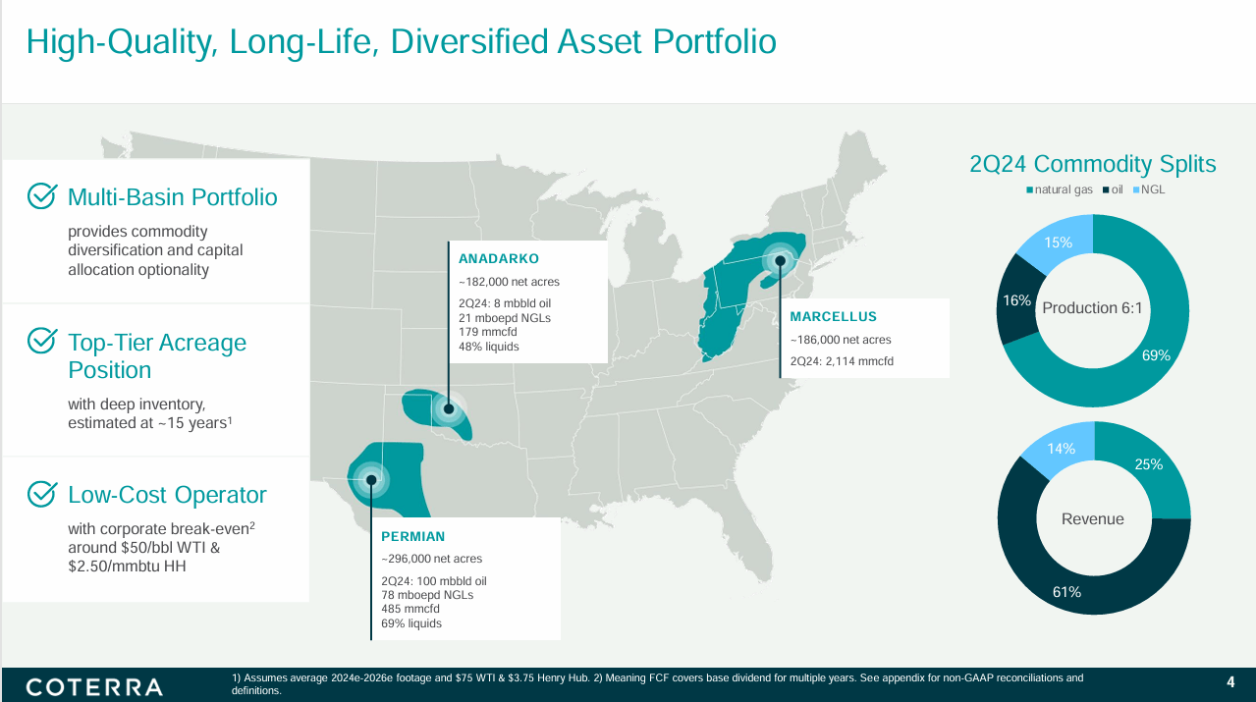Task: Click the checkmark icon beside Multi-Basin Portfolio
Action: click(42, 195)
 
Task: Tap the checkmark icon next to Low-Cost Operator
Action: click(42, 494)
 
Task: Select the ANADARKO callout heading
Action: click(499, 259)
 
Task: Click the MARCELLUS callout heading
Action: click(833, 317)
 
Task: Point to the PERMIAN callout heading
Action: click(412, 537)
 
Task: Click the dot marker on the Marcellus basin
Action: click(780, 261)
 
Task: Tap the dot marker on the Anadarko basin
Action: click(449, 409)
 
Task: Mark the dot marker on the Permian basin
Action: click(371, 480)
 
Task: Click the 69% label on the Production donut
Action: click(1156, 355)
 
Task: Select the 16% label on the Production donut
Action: click(1017, 301)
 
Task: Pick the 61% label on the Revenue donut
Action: click(1066, 592)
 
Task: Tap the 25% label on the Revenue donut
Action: click(1149, 464)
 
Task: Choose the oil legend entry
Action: click(1113, 189)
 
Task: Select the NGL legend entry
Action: click(1149, 189)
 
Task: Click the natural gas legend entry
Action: click(1060, 189)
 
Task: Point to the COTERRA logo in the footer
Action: click(94, 687)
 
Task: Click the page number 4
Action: click(1230, 682)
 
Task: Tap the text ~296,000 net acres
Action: click(432, 559)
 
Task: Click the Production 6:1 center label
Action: click(1092, 308)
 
